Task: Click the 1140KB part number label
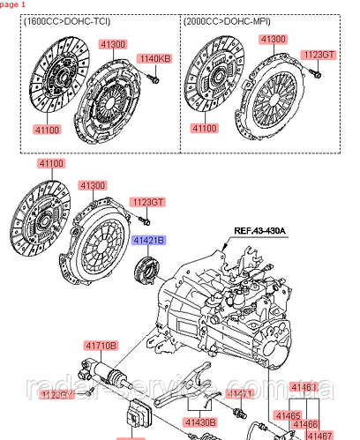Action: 154,59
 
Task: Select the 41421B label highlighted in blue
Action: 149,240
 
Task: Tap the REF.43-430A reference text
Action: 260,233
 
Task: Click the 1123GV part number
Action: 80,395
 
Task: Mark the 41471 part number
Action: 241,393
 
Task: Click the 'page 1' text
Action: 13,4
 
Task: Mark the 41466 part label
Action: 304,424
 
